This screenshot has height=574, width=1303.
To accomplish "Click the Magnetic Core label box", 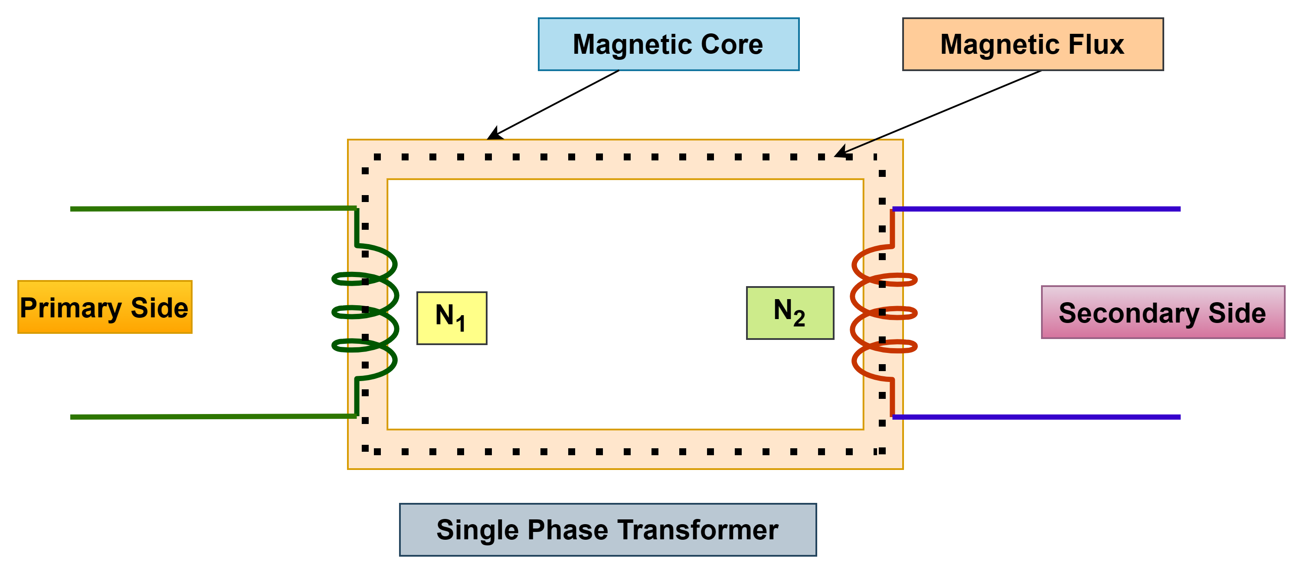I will click(668, 45).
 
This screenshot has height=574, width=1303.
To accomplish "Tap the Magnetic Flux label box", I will click(1032, 45).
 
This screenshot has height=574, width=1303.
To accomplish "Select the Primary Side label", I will click(105, 307).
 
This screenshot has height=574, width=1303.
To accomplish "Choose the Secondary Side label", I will click(1162, 313).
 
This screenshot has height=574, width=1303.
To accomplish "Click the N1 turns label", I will click(451, 318).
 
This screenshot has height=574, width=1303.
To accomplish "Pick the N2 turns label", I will click(789, 313).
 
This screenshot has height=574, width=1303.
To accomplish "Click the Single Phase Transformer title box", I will click(608, 529).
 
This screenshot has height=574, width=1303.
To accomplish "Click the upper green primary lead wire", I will click(213, 209).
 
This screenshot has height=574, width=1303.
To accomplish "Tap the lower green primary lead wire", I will click(213, 417).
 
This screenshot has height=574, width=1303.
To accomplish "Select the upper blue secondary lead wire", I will click(1037, 209).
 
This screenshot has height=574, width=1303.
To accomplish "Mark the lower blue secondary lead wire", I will click(1037, 417).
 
